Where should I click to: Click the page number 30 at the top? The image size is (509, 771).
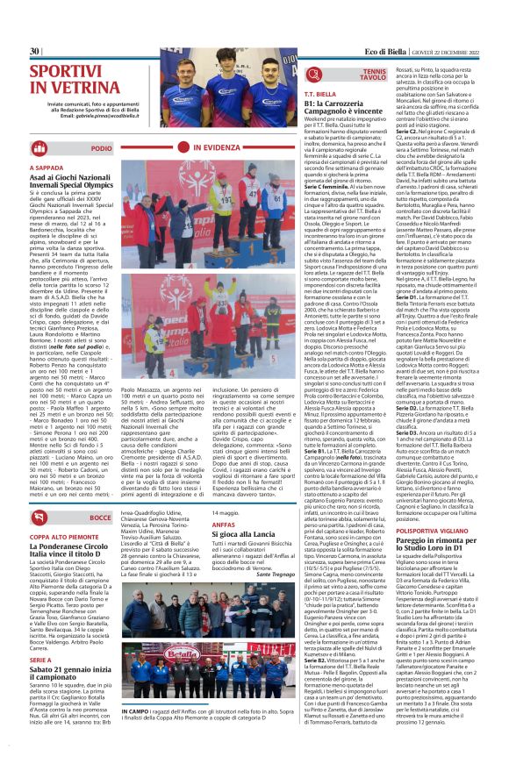(x=35, y=51)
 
